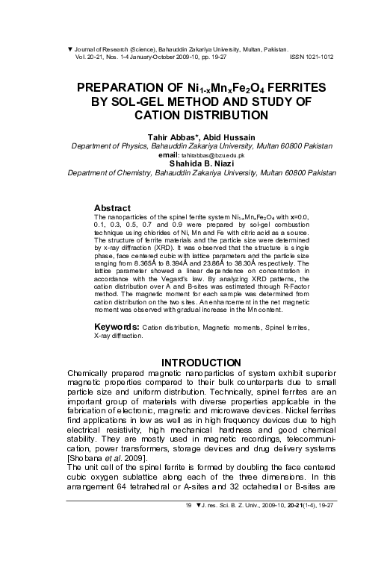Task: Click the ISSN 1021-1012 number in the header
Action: pos(311,56)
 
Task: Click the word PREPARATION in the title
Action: pos(130,87)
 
